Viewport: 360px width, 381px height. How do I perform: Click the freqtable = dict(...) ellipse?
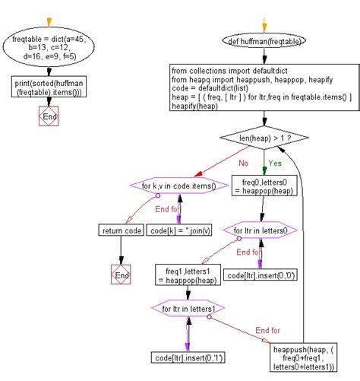click(48, 48)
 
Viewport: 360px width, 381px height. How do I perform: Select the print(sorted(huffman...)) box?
click(49, 88)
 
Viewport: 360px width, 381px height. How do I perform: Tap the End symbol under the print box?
click(49, 116)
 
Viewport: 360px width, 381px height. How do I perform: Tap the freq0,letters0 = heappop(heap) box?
click(263, 187)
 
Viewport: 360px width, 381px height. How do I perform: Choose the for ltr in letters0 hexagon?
click(263, 230)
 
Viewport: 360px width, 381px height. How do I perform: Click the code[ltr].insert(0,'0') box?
click(263, 276)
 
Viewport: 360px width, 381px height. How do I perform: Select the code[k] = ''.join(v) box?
click(178, 230)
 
